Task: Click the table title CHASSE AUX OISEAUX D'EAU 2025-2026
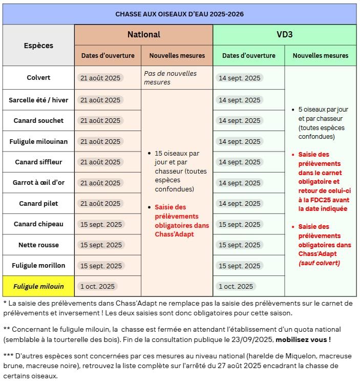(x=179, y=14)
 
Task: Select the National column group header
(x=143, y=35)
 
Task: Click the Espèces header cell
(x=38, y=46)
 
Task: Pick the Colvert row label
(x=38, y=78)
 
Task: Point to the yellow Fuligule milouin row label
(x=38, y=286)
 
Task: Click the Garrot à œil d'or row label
(x=38, y=183)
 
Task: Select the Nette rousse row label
(x=38, y=245)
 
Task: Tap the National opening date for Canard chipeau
(x=101, y=224)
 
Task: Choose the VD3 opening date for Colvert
(x=240, y=78)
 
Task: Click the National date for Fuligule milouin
(x=98, y=286)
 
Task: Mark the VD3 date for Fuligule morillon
(x=240, y=266)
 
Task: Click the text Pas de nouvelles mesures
(x=170, y=78)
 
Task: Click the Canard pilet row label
(x=38, y=203)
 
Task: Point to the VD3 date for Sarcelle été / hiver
(x=240, y=100)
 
